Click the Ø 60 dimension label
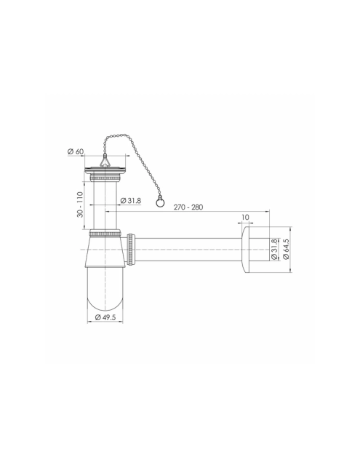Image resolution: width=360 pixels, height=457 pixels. pyautogui.click(x=76, y=151)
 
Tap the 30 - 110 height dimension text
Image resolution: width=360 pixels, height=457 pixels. pyautogui.click(x=80, y=204)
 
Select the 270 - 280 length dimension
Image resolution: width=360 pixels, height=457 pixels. pyautogui.click(x=188, y=207)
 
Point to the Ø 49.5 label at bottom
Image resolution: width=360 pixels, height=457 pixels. pyautogui.click(x=105, y=317)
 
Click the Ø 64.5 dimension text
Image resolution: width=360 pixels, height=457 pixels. pyautogui.click(x=286, y=249)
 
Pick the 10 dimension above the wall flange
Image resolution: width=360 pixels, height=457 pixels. pyautogui.click(x=245, y=217)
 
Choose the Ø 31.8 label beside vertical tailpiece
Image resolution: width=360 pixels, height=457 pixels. pyautogui.click(x=131, y=201)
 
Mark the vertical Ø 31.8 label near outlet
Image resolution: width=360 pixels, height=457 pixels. pyautogui.click(x=274, y=249)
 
